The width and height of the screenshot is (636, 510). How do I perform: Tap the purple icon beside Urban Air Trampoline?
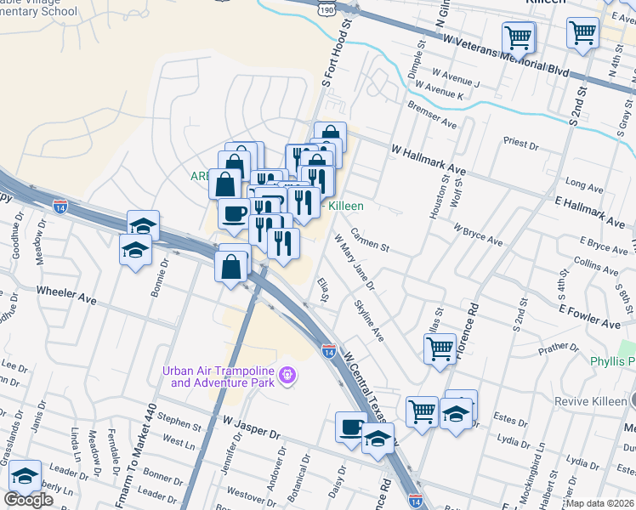[x=287, y=374]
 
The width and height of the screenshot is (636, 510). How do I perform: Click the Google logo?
[x=28, y=499]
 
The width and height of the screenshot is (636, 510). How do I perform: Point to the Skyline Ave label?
[x=369, y=320]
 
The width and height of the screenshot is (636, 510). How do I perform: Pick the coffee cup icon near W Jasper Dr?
[x=351, y=426]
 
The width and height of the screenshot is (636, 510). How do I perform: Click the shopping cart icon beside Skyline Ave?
[x=440, y=347]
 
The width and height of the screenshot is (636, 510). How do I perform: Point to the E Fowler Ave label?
[x=588, y=315]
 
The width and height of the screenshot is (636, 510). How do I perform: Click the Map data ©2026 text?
[x=600, y=503]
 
